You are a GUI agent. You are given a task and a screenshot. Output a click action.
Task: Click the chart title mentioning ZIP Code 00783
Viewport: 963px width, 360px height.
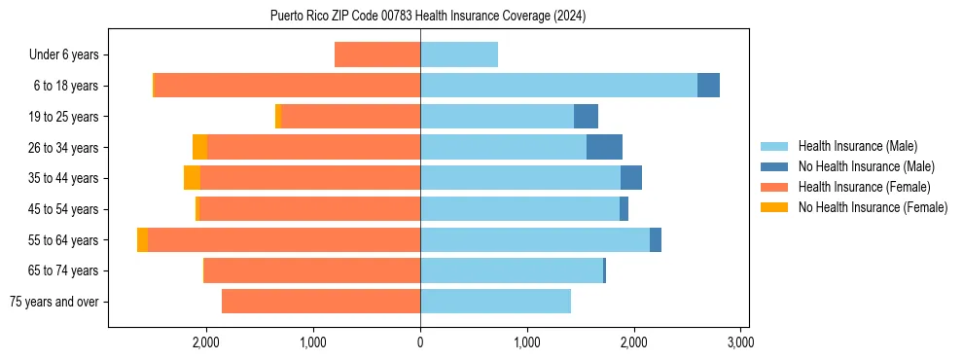point(428,17)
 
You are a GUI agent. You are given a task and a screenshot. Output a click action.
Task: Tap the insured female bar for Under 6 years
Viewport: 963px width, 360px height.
point(377,54)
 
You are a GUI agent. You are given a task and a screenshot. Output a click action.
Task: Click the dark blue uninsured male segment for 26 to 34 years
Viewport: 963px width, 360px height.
point(604,147)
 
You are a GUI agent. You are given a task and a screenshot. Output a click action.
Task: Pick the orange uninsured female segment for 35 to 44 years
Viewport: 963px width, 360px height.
point(192,178)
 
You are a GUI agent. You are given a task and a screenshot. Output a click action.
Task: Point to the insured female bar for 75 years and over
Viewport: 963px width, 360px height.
point(321,302)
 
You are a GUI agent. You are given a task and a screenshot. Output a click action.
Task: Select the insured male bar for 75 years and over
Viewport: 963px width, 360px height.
point(495,302)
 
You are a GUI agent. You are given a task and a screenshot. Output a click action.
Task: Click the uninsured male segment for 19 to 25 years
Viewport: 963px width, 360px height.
point(586,117)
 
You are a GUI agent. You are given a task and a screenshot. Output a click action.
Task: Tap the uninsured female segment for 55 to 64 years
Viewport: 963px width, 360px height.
point(142,240)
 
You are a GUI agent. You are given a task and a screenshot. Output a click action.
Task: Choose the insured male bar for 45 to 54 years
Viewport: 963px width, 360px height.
point(519,209)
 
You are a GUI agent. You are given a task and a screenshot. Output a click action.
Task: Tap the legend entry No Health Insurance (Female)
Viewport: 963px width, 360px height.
point(872,207)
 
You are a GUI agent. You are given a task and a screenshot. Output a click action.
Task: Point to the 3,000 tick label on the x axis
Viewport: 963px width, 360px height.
point(740,342)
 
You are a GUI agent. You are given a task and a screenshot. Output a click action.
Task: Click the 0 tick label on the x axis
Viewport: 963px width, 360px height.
point(420,342)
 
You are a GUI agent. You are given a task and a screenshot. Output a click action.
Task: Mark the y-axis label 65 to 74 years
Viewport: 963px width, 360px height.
point(64,270)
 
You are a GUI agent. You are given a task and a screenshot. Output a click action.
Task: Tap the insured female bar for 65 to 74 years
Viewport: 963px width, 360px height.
point(311,270)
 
